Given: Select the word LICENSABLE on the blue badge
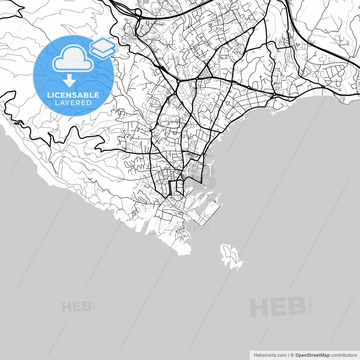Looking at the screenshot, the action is tap(73, 95).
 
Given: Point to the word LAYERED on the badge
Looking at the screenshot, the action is tap(73, 103).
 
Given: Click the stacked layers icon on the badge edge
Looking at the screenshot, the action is tap(103, 48).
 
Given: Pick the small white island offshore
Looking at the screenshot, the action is tap(230, 256).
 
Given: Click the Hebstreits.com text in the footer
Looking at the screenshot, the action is tap(270, 355).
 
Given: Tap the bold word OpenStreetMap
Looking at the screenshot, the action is tap(312, 355).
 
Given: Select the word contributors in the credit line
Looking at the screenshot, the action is tap(344, 355).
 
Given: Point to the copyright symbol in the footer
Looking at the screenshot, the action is tap(292, 355).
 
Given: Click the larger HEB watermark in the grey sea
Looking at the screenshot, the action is tap(278, 307).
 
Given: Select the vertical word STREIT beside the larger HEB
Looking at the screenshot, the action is tap(310, 304).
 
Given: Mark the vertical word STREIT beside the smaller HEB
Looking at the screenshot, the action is tap(94, 305).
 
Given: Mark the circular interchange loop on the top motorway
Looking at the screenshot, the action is tap(138, 12).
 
